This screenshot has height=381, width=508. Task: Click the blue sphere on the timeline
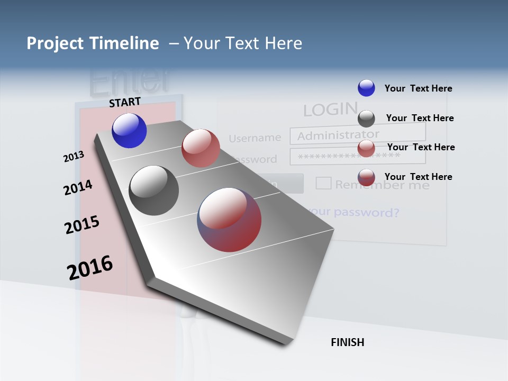tap(129, 131)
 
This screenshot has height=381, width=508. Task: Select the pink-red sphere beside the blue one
tap(201, 148)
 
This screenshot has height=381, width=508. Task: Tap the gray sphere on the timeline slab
tap(154, 190)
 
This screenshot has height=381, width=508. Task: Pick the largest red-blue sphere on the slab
tap(229, 220)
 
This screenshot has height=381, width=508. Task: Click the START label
tap(125, 102)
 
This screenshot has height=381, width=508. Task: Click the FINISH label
tap(347, 342)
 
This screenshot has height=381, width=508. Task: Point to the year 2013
tap(74, 157)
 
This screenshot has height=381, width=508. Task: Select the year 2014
tap(78, 187)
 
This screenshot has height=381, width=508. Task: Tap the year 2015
tap(82, 225)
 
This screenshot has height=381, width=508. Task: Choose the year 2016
tap(90, 268)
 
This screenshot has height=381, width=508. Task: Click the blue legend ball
tap(366, 88)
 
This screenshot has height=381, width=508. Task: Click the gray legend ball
tap(366, 119)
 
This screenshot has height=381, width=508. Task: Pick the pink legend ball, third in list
tap(366, 148)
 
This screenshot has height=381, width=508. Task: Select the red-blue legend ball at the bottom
tap(366, 177)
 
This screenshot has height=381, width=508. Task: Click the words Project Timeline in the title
tap(93, 43)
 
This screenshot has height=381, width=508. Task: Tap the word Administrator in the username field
tap(338, 135)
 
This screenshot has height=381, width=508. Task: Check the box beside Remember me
tap(323, 183)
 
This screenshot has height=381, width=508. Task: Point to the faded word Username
tap(255, 138)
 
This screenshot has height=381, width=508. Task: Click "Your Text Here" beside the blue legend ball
tap(418, 88)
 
